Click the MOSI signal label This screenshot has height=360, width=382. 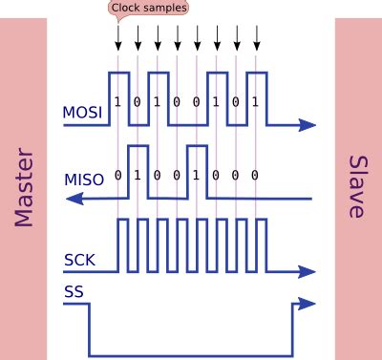(83, 113)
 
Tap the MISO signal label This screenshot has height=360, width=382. (83, 179)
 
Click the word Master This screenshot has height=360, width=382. (24, 187)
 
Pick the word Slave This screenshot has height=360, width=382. (358, 187)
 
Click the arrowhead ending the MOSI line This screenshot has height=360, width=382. (307, 124)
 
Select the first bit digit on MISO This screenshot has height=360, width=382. (117, 176)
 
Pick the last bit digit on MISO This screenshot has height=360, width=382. (255, 176)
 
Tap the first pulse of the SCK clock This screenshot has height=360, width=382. (121, 244)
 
